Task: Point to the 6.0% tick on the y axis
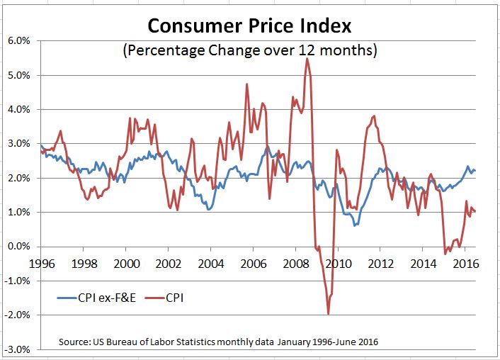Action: (18, 40)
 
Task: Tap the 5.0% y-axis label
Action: (18, 75)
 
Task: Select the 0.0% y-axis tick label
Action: (18, 247)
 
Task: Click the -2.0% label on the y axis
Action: (17, 315)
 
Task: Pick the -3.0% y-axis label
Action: (17, 349)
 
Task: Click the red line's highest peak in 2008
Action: (307, 59)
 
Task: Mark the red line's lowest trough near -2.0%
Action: (329, 313)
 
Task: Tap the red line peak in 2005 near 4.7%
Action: (246, 84)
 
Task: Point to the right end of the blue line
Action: (475, 170)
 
